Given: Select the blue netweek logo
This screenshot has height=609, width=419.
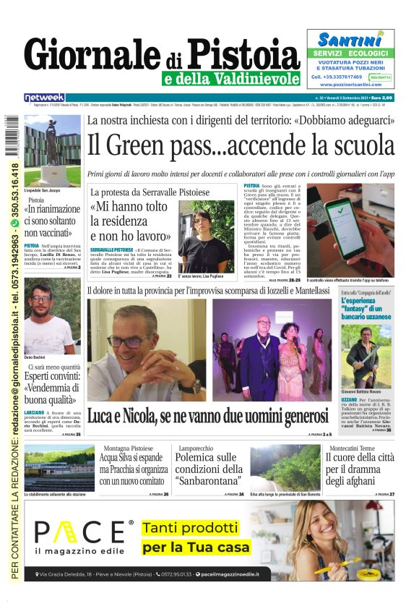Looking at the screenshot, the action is pyautogui.click(x=44, y=98).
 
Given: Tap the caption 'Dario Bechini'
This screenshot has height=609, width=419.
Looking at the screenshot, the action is pyautogui.click(x=35, y=358).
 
